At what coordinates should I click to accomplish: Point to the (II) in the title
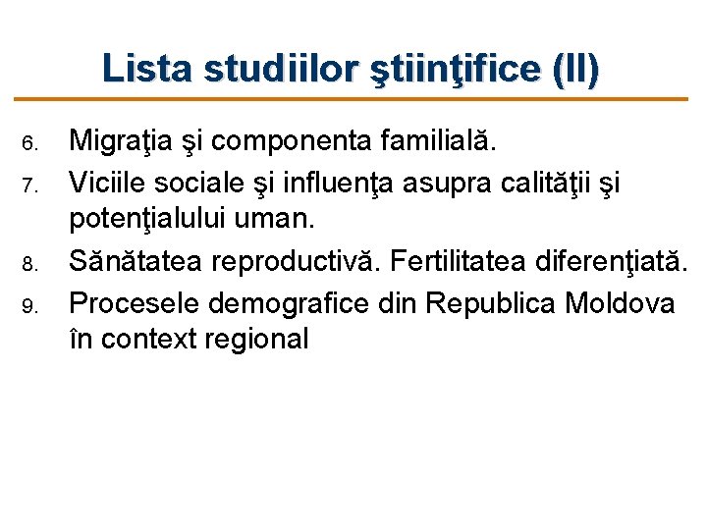pyautogui.click(x=575, y=69)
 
